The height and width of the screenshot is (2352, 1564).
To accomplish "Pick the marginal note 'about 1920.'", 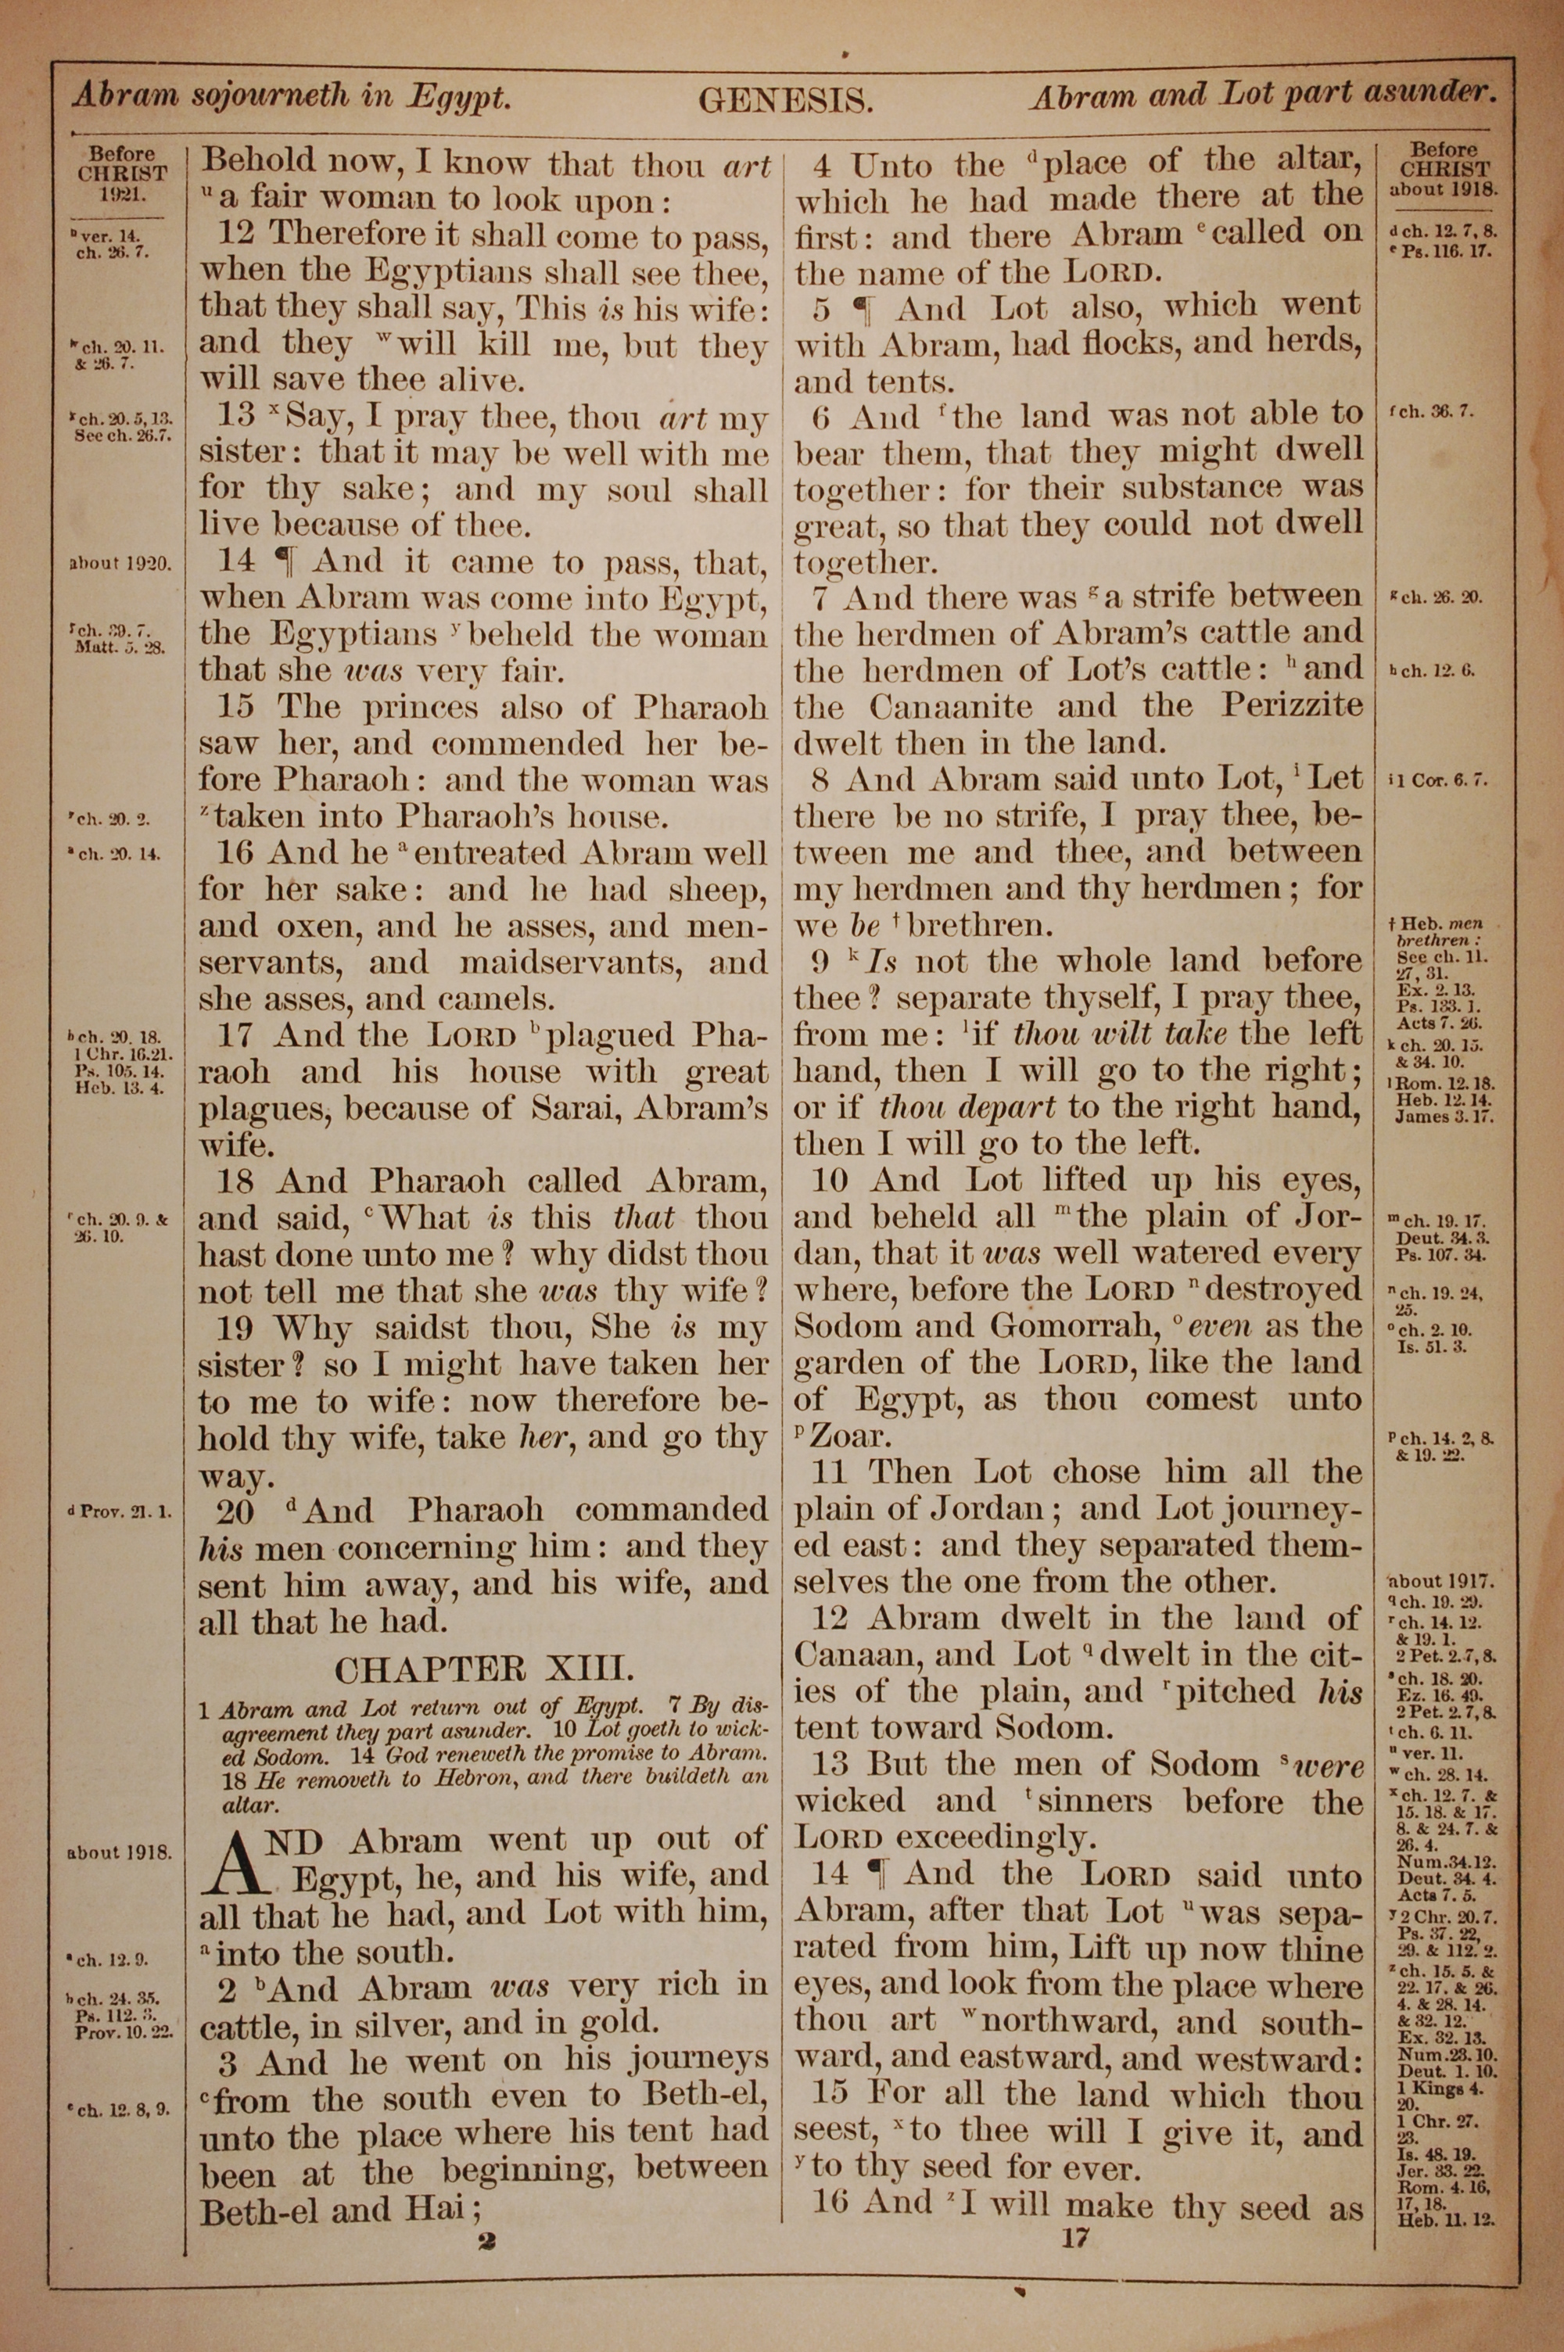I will tap(120, 562).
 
